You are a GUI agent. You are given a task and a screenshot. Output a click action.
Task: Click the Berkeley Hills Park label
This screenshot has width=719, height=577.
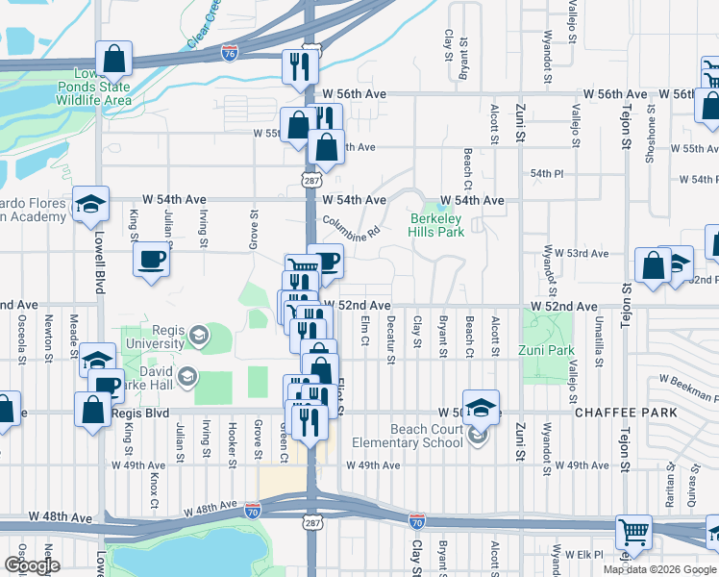[437, 225]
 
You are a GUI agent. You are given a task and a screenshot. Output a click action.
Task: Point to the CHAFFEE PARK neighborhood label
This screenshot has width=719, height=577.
[625, 413]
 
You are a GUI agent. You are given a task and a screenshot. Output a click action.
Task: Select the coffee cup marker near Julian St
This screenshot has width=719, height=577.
[152, 260]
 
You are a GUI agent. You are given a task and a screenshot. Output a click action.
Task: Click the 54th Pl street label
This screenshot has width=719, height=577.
[545, 173]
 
